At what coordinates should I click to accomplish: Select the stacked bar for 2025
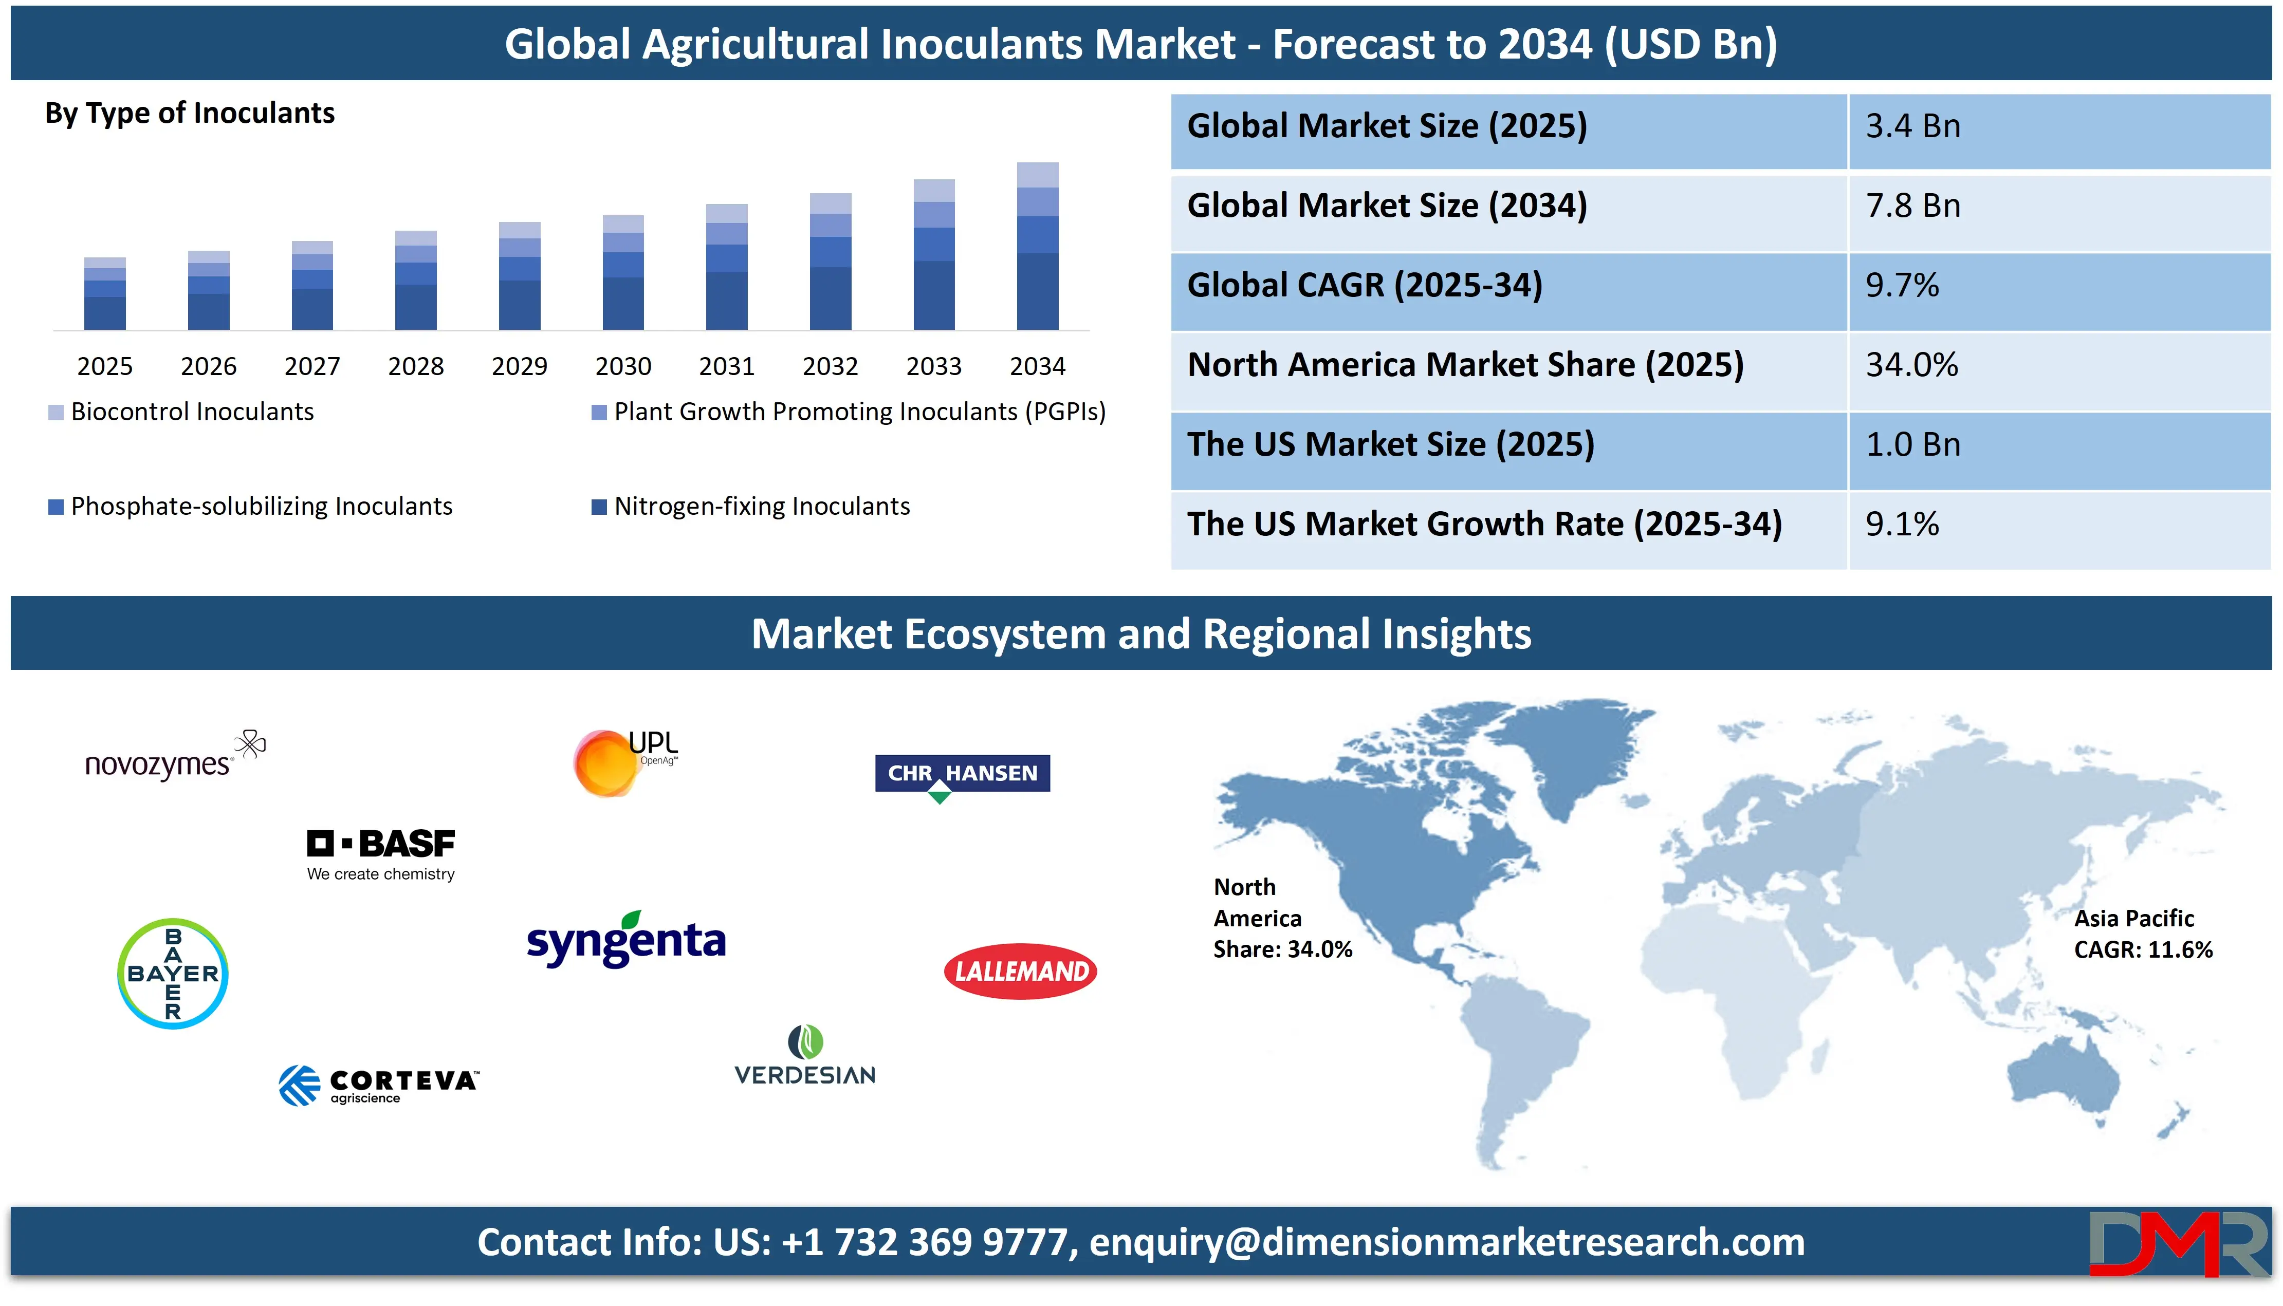105,293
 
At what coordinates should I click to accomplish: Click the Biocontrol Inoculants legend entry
181,412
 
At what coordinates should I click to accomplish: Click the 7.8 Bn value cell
1913,206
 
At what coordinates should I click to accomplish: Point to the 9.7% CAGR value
1902,285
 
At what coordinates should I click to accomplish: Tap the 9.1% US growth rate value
1902,524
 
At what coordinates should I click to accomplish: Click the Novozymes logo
175,756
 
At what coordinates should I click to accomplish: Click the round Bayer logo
173,973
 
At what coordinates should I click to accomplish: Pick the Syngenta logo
626,939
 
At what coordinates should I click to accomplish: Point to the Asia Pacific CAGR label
2143,934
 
